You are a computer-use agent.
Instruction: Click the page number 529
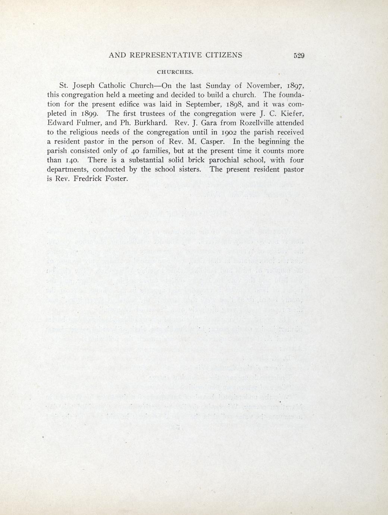pyautogui.click(x=299, y=56)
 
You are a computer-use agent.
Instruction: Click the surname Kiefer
pyautogui.click(x=291, y=113)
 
